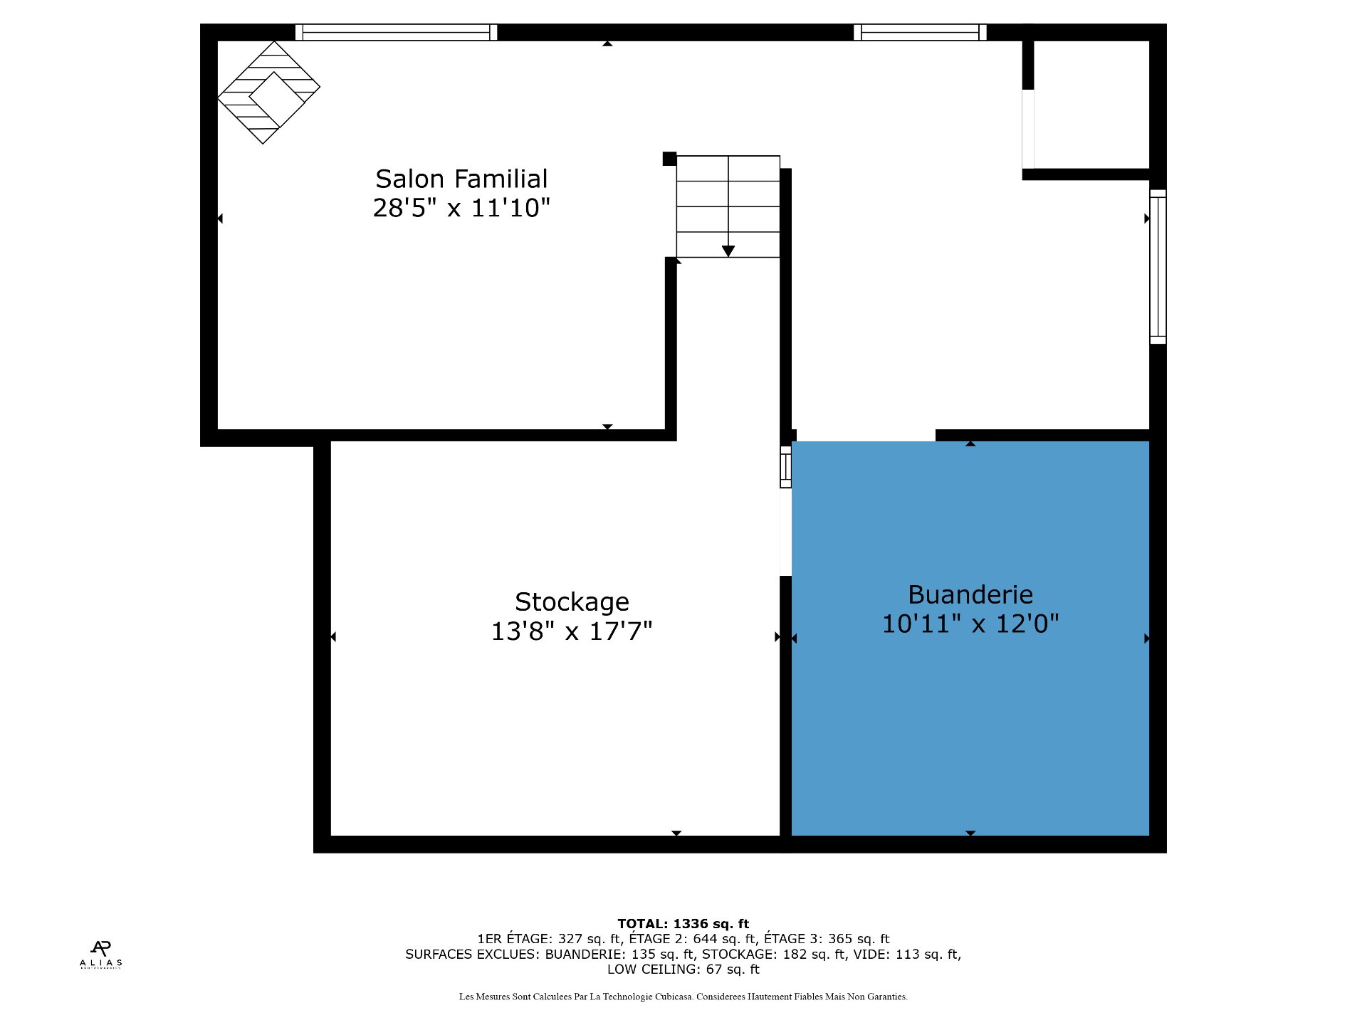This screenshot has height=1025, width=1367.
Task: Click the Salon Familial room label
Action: point(461,179)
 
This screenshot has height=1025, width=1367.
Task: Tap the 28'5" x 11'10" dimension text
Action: point(461,208)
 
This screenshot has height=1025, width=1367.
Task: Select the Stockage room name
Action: point(572,602)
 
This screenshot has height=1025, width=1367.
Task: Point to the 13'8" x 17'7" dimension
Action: point(572,631)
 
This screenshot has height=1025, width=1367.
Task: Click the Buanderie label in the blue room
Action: point(970,594)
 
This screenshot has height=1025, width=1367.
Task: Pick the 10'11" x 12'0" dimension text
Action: point(970,624)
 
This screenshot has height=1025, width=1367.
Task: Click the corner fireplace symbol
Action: point(268,93)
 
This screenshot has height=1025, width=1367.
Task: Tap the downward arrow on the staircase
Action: point(728,251)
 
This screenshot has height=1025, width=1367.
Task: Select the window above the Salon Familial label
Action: point(396,32)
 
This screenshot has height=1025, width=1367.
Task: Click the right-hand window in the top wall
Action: point(920,32)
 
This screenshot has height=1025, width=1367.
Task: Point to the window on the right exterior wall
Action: point(1158,267)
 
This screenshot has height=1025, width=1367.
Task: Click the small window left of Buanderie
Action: point(786,467)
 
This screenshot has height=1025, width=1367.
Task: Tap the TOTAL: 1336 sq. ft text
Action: point(683,924)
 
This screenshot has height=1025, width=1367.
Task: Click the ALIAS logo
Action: point(101,955)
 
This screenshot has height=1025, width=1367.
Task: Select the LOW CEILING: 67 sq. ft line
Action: point(683,969)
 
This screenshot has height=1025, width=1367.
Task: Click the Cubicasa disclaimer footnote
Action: point(683,997)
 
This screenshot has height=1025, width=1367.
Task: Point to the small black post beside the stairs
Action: point(669,159)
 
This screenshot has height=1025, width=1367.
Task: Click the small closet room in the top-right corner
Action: point(1091,105)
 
